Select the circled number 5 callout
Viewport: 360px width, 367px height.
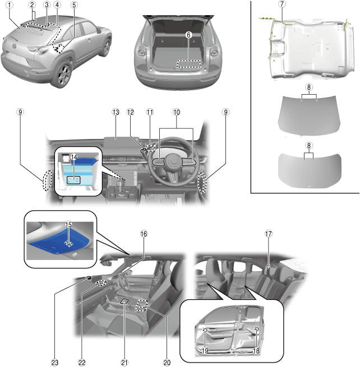pos(74,5)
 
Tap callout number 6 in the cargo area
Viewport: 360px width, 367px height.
pos(188,35)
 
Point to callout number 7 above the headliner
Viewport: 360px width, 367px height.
pos(282,4)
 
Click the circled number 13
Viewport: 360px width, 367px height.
pos(116,113)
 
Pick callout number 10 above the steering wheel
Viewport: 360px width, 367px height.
pos(177,113)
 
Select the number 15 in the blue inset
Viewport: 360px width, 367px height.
pos(67,225)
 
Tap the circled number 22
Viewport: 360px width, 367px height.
pos(82,362)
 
